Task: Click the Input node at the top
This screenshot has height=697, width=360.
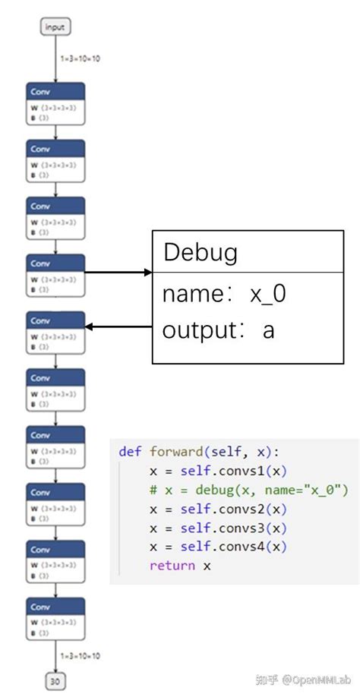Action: click(55, 27)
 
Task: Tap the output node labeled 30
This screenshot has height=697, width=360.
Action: click(55, 681)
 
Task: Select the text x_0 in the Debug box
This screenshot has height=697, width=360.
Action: click(268, 294)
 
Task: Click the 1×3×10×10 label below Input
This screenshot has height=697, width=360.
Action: click(80, 58)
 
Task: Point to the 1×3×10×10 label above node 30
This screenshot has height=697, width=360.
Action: click(80, 655)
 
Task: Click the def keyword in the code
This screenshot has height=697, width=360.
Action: click(130, 451)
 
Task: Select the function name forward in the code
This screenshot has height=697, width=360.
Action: click(175, 451)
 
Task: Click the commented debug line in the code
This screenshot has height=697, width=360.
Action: click(248, 490)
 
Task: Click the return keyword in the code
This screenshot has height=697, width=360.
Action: click(172, 566)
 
